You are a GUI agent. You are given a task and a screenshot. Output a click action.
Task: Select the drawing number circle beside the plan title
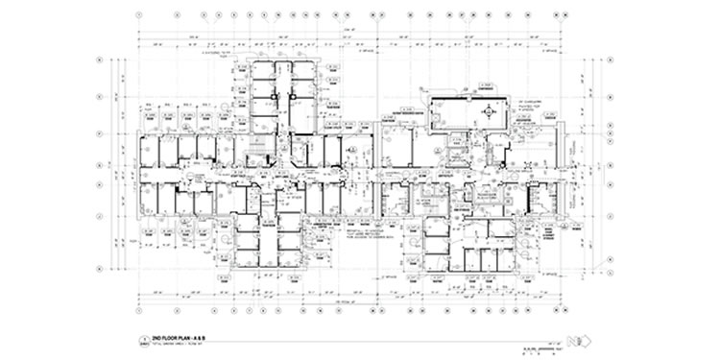tap(144, 341)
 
